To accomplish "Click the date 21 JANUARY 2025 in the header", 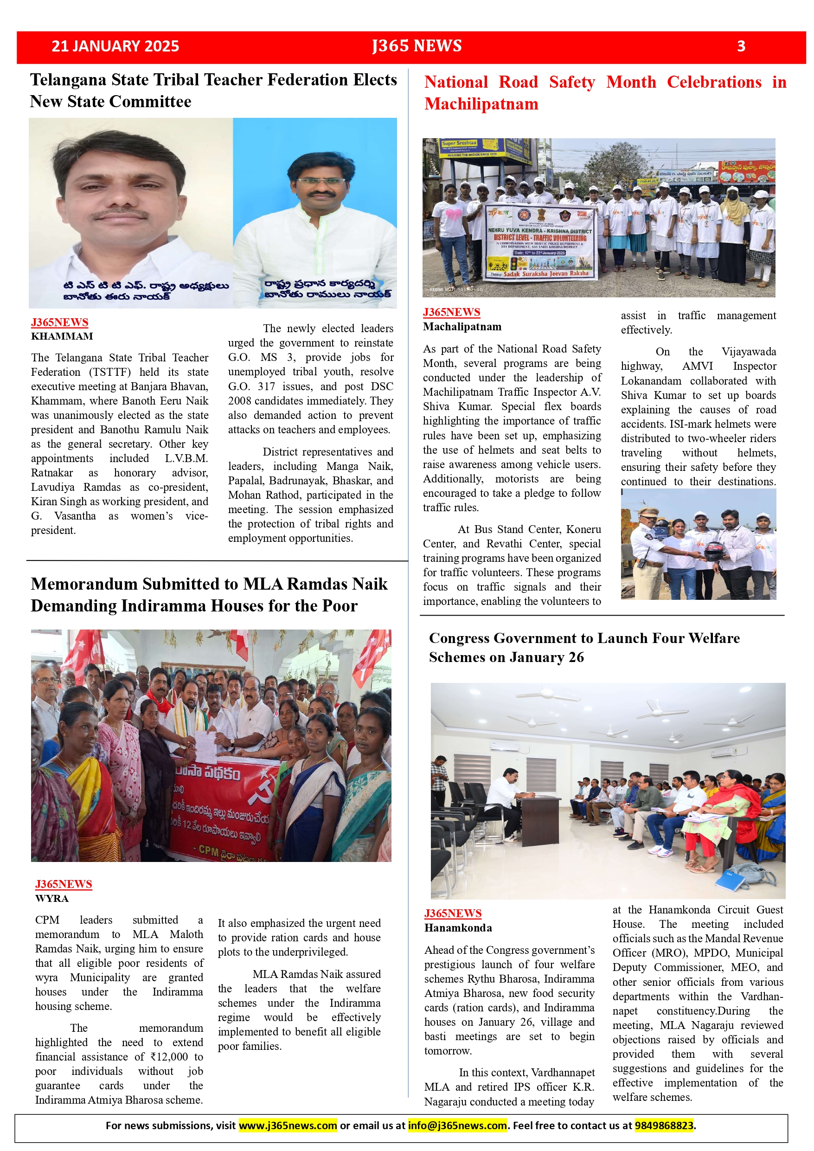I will (x=115, y=46).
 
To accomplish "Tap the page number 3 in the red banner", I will (x=741, y=46).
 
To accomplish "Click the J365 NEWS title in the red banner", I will (x=417, y=46).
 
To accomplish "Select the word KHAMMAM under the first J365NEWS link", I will (x=62, y=336).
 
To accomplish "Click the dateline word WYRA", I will (x=51, y=898).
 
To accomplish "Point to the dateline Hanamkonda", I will (x=458, y=928).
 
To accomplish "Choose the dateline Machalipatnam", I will (x=461, y=327).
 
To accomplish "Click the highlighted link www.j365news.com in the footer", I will (x=287, y=1125).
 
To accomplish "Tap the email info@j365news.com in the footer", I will (x=457, y=1125).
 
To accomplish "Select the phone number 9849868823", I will (x=664, y=1125).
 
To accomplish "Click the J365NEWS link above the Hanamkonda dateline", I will (x=453, y=913).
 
